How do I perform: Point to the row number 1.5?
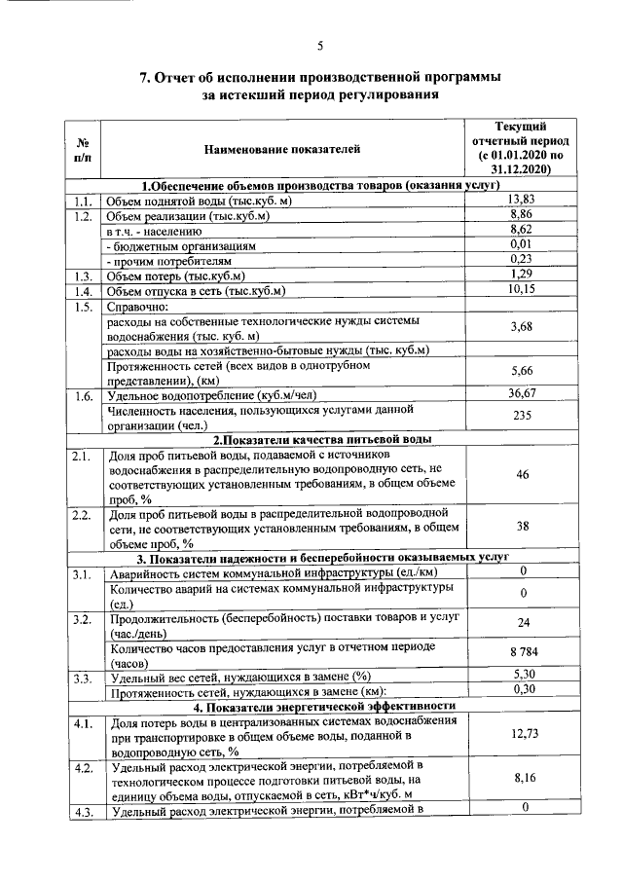(x=83, y=307)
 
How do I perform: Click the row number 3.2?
(x=83, y=619)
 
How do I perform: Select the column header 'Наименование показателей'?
(x=281, y=149)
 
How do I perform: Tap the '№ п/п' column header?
(x=83, y=149)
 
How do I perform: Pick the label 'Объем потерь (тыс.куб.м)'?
(x=181, y=275)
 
